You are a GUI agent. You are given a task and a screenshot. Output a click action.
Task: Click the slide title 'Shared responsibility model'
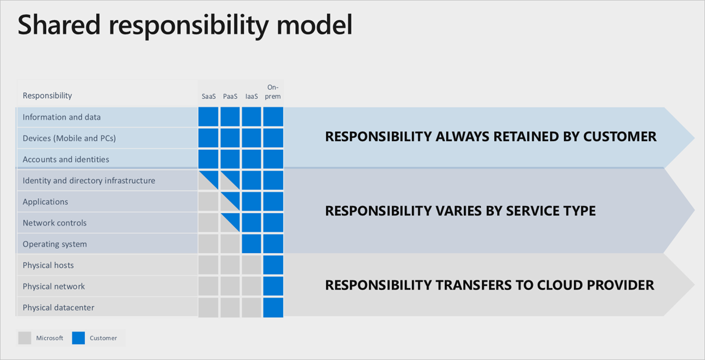[x=185, y=26]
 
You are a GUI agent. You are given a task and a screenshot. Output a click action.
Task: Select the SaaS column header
[x=208, y=97]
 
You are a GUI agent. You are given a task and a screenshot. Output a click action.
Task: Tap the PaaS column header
[x=230, y=97]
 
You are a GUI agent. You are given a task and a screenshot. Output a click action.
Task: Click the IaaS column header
[x=251, y=97]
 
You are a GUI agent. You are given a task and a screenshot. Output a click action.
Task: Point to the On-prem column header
[x=273, y=92]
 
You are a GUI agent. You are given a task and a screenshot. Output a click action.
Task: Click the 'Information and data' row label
[x=61, y=117]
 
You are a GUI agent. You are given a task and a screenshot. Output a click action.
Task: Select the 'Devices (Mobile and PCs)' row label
[x=69, y=138]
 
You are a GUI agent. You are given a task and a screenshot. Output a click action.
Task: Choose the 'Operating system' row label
[x=54, y=244]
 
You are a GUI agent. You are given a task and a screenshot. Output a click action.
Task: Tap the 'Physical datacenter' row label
[x=58, y=308]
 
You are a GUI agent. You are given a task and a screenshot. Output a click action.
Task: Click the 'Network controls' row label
[x=54, y=223]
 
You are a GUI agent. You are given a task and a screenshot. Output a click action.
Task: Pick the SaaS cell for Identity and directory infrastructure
[x=208, y=181]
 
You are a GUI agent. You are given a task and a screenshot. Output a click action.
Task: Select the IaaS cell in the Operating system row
[x=251, y=244]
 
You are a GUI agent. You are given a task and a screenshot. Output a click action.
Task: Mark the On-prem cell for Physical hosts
[x=273, y=265]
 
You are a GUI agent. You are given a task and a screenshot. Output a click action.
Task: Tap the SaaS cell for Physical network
[x=208, y=286]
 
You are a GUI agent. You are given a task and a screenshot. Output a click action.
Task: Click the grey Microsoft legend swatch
[x=25, y=338]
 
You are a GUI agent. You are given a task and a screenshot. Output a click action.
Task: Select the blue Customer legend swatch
[x=78, y=338]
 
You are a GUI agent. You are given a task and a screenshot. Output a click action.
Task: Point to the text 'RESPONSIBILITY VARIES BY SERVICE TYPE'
[x=460, y=211]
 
